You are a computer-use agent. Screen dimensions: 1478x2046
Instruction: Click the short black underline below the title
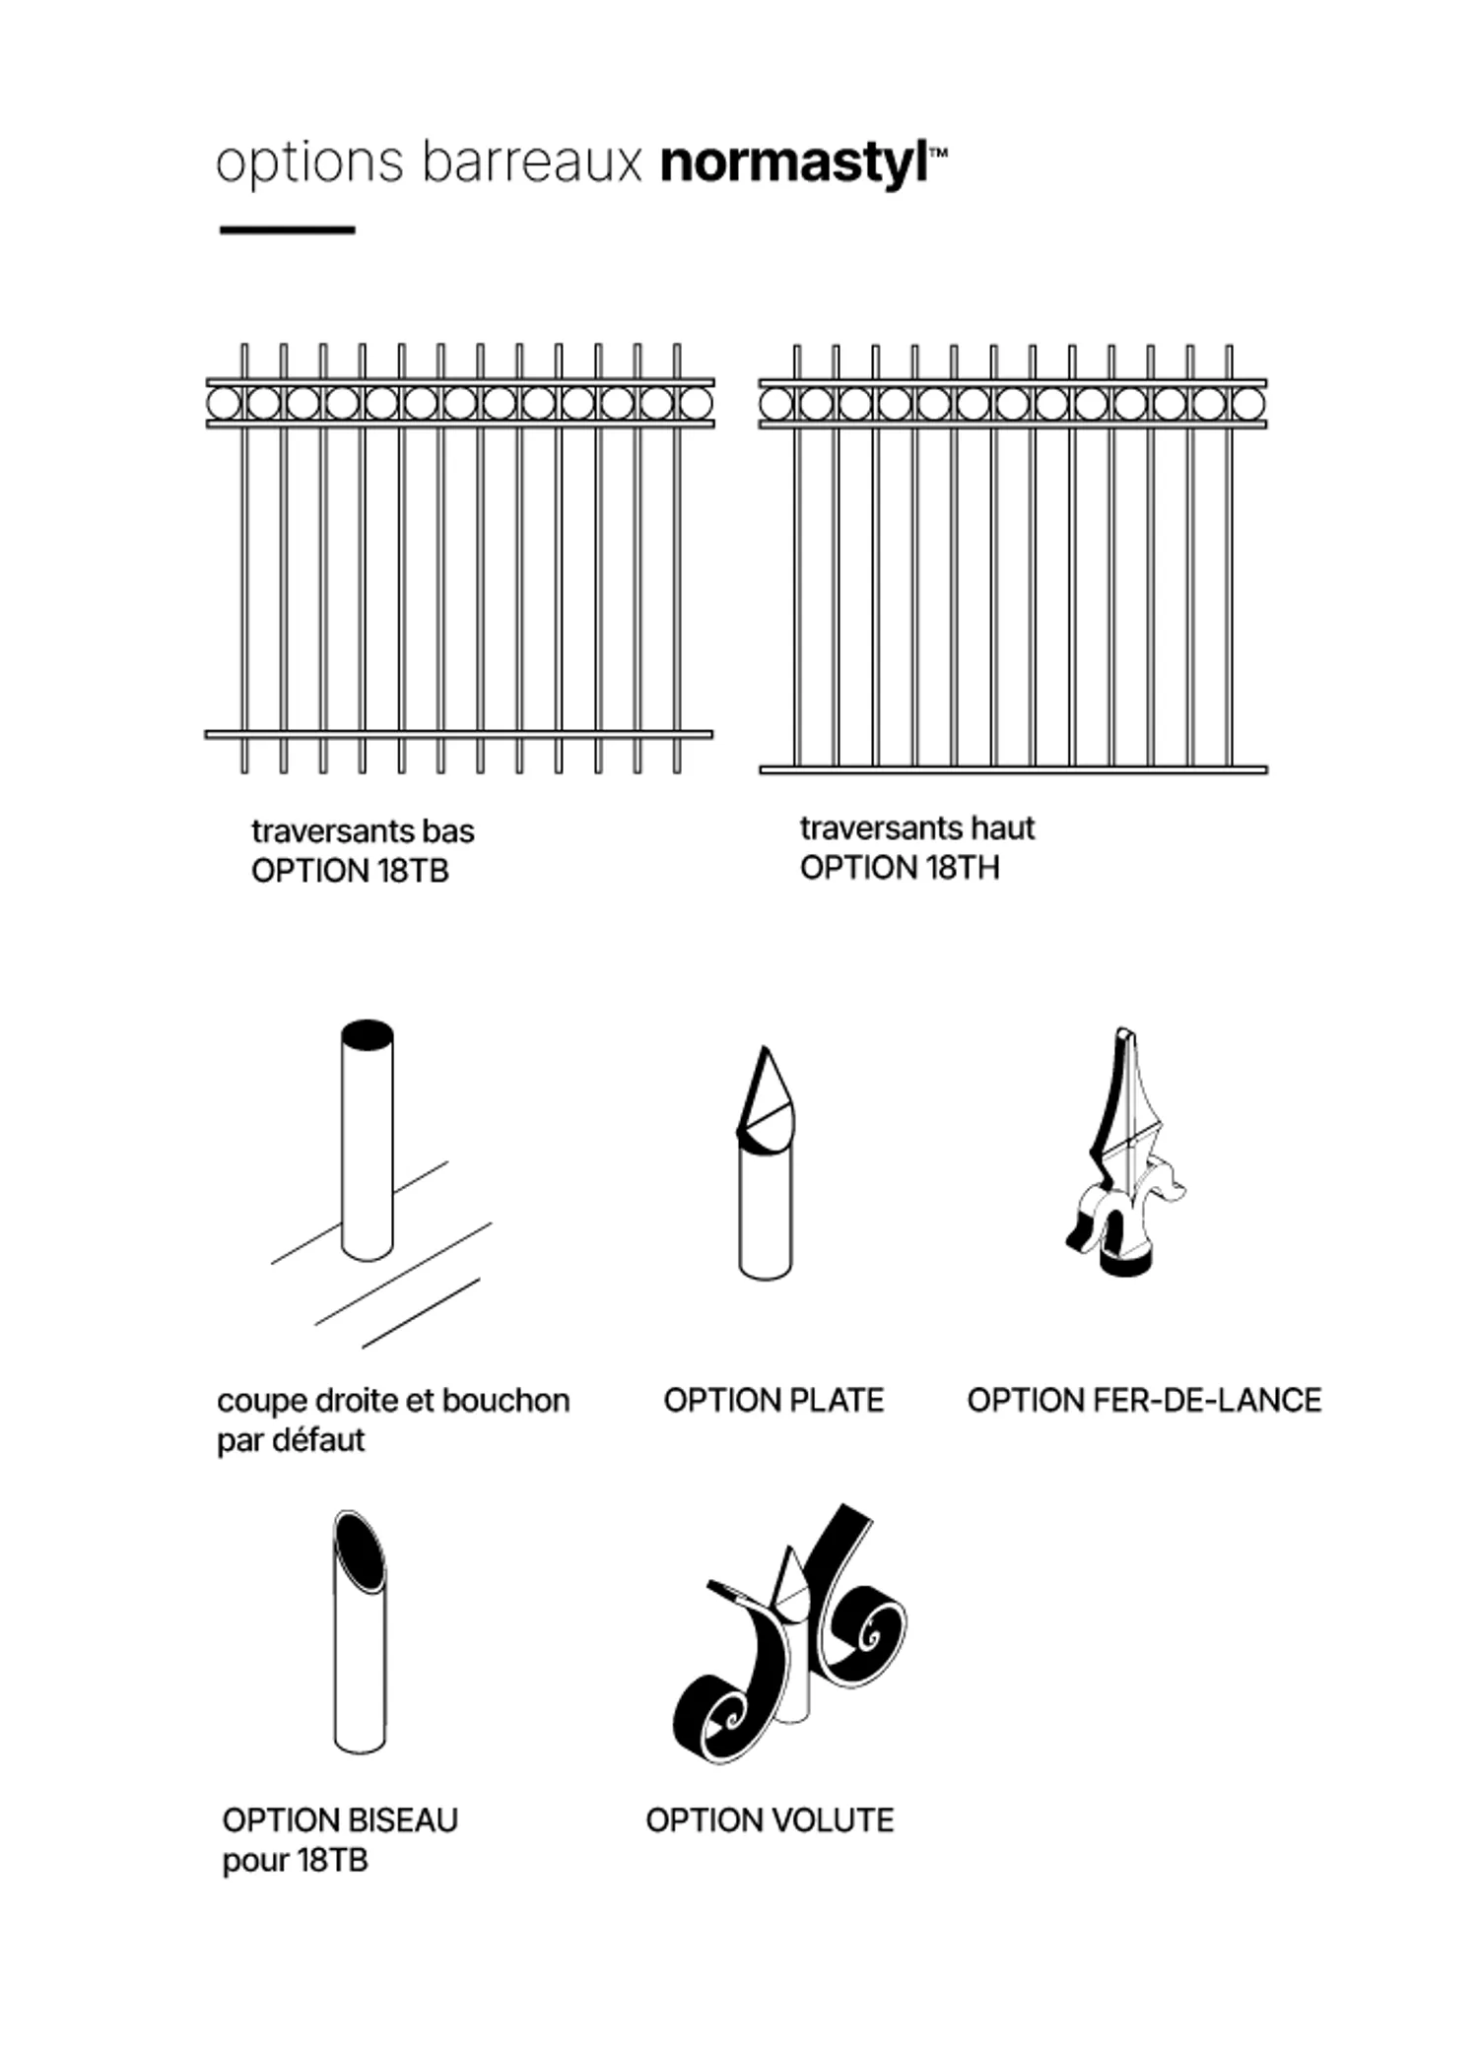click(x=287, y=230)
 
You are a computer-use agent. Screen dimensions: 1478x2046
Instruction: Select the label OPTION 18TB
click(x=350, y=871)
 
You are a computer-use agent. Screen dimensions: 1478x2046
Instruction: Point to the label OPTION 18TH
click(x=899, y=868)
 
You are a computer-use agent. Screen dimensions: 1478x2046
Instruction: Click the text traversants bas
click(x=363, y=830)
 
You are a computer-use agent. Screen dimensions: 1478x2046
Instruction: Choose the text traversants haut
click(x=916, y=827)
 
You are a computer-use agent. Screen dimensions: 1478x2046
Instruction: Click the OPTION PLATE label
click(x=773, y=1400)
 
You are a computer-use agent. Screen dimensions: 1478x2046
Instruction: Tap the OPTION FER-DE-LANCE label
click(x=1144, y=1400)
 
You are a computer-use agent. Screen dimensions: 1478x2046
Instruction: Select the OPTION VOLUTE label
click(x=770, y=1819)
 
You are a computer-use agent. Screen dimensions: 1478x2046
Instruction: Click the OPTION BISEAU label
click(x=340, y=1819)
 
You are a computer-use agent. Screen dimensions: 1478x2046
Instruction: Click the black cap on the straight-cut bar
click(x=368, y=1035)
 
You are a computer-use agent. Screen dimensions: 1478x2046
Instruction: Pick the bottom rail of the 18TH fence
click(x=1013, y=769)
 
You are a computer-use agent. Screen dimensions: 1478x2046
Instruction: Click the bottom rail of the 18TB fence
click(x=458, y=734)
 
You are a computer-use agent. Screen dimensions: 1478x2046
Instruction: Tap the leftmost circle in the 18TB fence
click(x=224, y=403)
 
